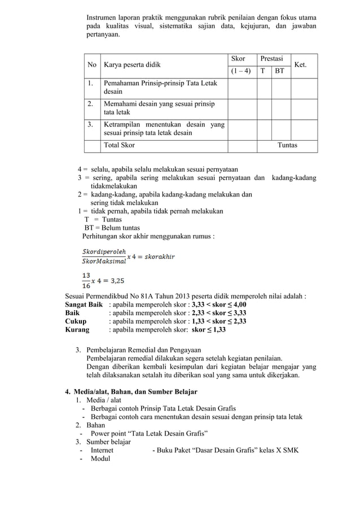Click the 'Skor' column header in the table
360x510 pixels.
click(x=238, y=59)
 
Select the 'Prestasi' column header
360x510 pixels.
click(x=271, y=59)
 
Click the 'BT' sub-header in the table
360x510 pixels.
click(x=279, y=72)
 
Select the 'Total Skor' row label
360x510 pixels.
click(x=118, y=145)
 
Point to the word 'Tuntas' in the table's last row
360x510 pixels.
click(x=287, y=145)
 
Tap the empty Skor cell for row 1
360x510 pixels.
click(x=242, y=89)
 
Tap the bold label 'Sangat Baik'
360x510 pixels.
click(x=84, y=303)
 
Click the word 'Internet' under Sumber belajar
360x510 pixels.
click(x=102, y=450)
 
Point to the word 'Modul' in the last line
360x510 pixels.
click(x=101, y=459)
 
